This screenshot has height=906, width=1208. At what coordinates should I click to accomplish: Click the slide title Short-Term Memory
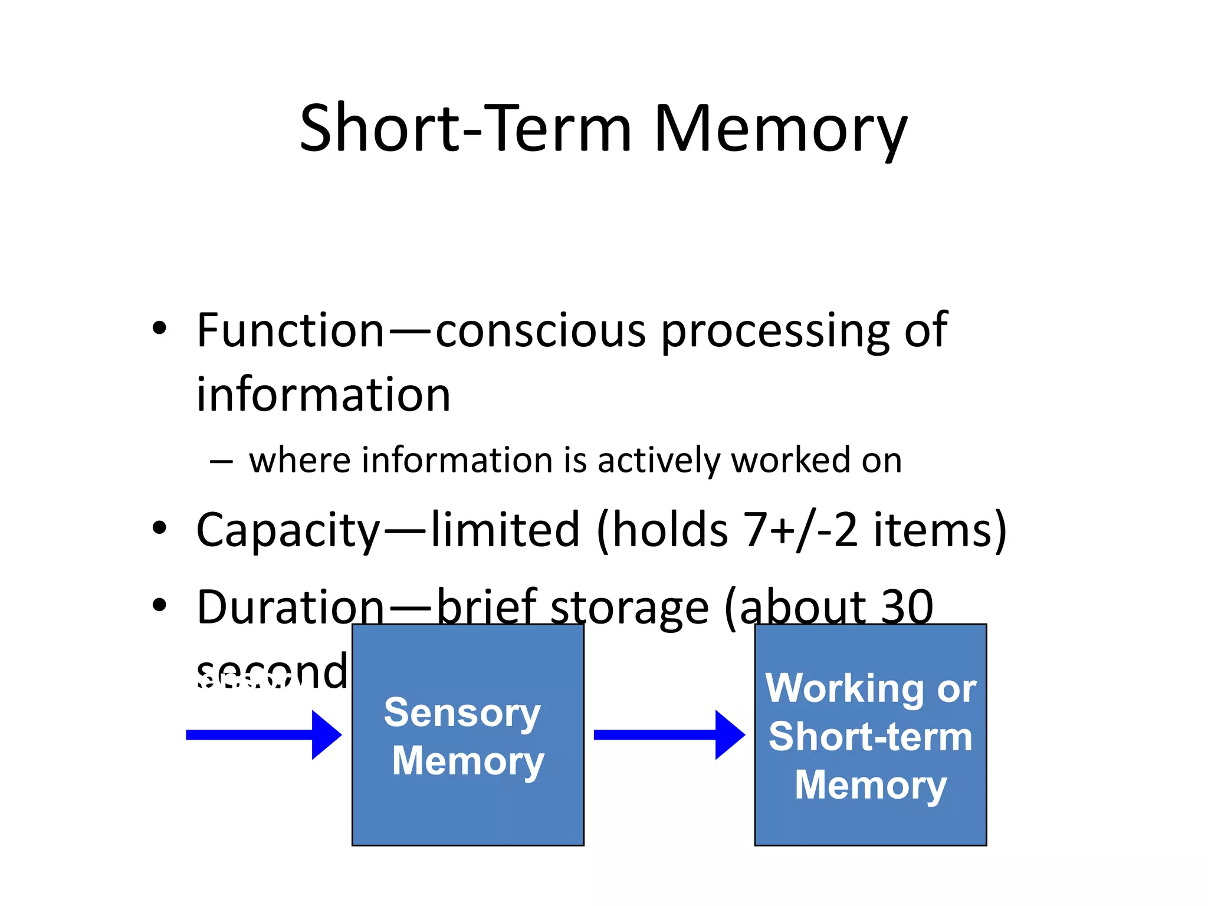(x=603, y=129)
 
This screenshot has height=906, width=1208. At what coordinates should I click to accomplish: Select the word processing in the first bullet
(x=774, y=331)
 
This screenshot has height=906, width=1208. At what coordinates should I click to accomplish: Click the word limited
(x=505, y=530)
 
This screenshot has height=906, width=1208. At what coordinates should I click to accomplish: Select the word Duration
(x=290, y=607)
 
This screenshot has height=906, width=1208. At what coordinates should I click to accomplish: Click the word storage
(x=629, y=608)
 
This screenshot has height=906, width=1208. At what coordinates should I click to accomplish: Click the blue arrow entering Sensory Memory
(x=263, y=735)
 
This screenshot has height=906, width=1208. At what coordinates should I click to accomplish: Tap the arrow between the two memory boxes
(x=669, y=735)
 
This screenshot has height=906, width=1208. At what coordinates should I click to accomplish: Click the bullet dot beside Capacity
(x=159, y=527)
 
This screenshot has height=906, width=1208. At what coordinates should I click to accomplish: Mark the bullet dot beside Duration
(x=159, y=605)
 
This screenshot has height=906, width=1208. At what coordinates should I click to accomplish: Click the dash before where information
(x=221, y=461)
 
